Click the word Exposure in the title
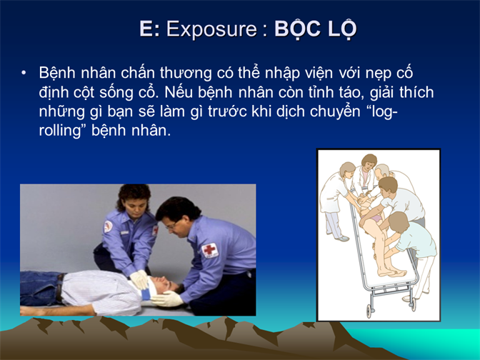point(211,29)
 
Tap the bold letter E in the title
point(146,29)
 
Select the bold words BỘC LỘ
point(316,29)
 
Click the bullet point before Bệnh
point(24,73)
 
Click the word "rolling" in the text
point(59,131)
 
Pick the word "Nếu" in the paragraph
point(178,92)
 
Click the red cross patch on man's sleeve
point(210,250)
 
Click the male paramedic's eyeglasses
point(171,226)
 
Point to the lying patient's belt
point(59,287)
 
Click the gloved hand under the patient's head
point(167,299)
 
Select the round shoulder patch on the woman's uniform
point(108,227)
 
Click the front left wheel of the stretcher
point(369,311)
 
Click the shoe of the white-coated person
point(342,238)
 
